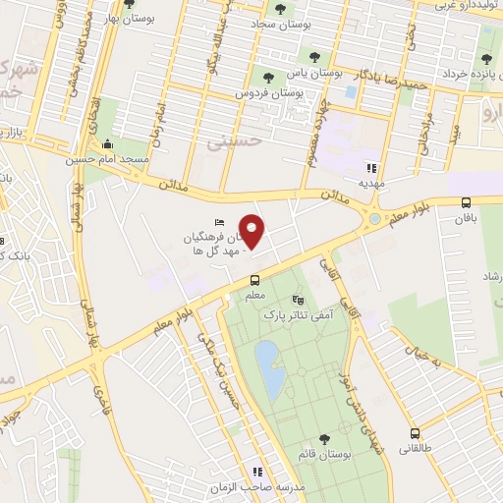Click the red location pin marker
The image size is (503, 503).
click(252, 232)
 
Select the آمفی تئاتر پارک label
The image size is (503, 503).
click(298, 316)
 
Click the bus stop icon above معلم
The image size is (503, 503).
click(254, 281)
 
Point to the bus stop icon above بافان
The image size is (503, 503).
click(465, 203)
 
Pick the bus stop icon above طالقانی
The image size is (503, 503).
click(416, 433)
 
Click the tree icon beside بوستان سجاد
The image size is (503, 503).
click(281, 10)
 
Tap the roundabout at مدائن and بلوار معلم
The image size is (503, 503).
click(373, 219)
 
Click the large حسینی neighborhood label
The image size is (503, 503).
click(232, 143)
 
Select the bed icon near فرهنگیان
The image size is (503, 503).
click(219, 223)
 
